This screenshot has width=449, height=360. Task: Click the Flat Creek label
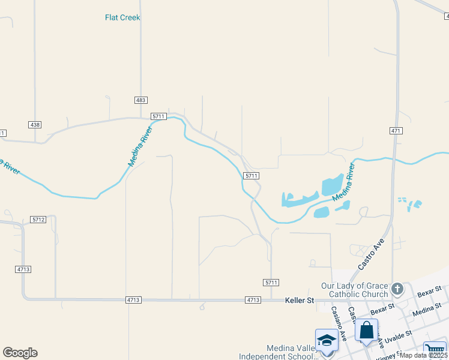coord(122,17)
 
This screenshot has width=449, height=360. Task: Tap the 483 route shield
coord(141,100)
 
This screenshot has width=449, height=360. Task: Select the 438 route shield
coord(35,124)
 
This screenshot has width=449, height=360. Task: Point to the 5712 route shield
coord(39,220)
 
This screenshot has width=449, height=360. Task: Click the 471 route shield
coord(395,131)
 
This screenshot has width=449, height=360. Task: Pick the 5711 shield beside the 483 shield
coord(158,116)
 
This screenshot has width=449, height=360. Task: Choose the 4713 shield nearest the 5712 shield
coord(23,269)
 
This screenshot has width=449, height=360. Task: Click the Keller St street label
coord(300,299)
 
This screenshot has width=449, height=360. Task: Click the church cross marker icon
coord(397,290)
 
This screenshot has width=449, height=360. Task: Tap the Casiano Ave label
coord(339,324)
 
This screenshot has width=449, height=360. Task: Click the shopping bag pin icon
coord(366,330)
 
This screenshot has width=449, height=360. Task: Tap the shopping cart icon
coord(434,349)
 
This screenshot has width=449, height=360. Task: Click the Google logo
coord(20,353)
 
